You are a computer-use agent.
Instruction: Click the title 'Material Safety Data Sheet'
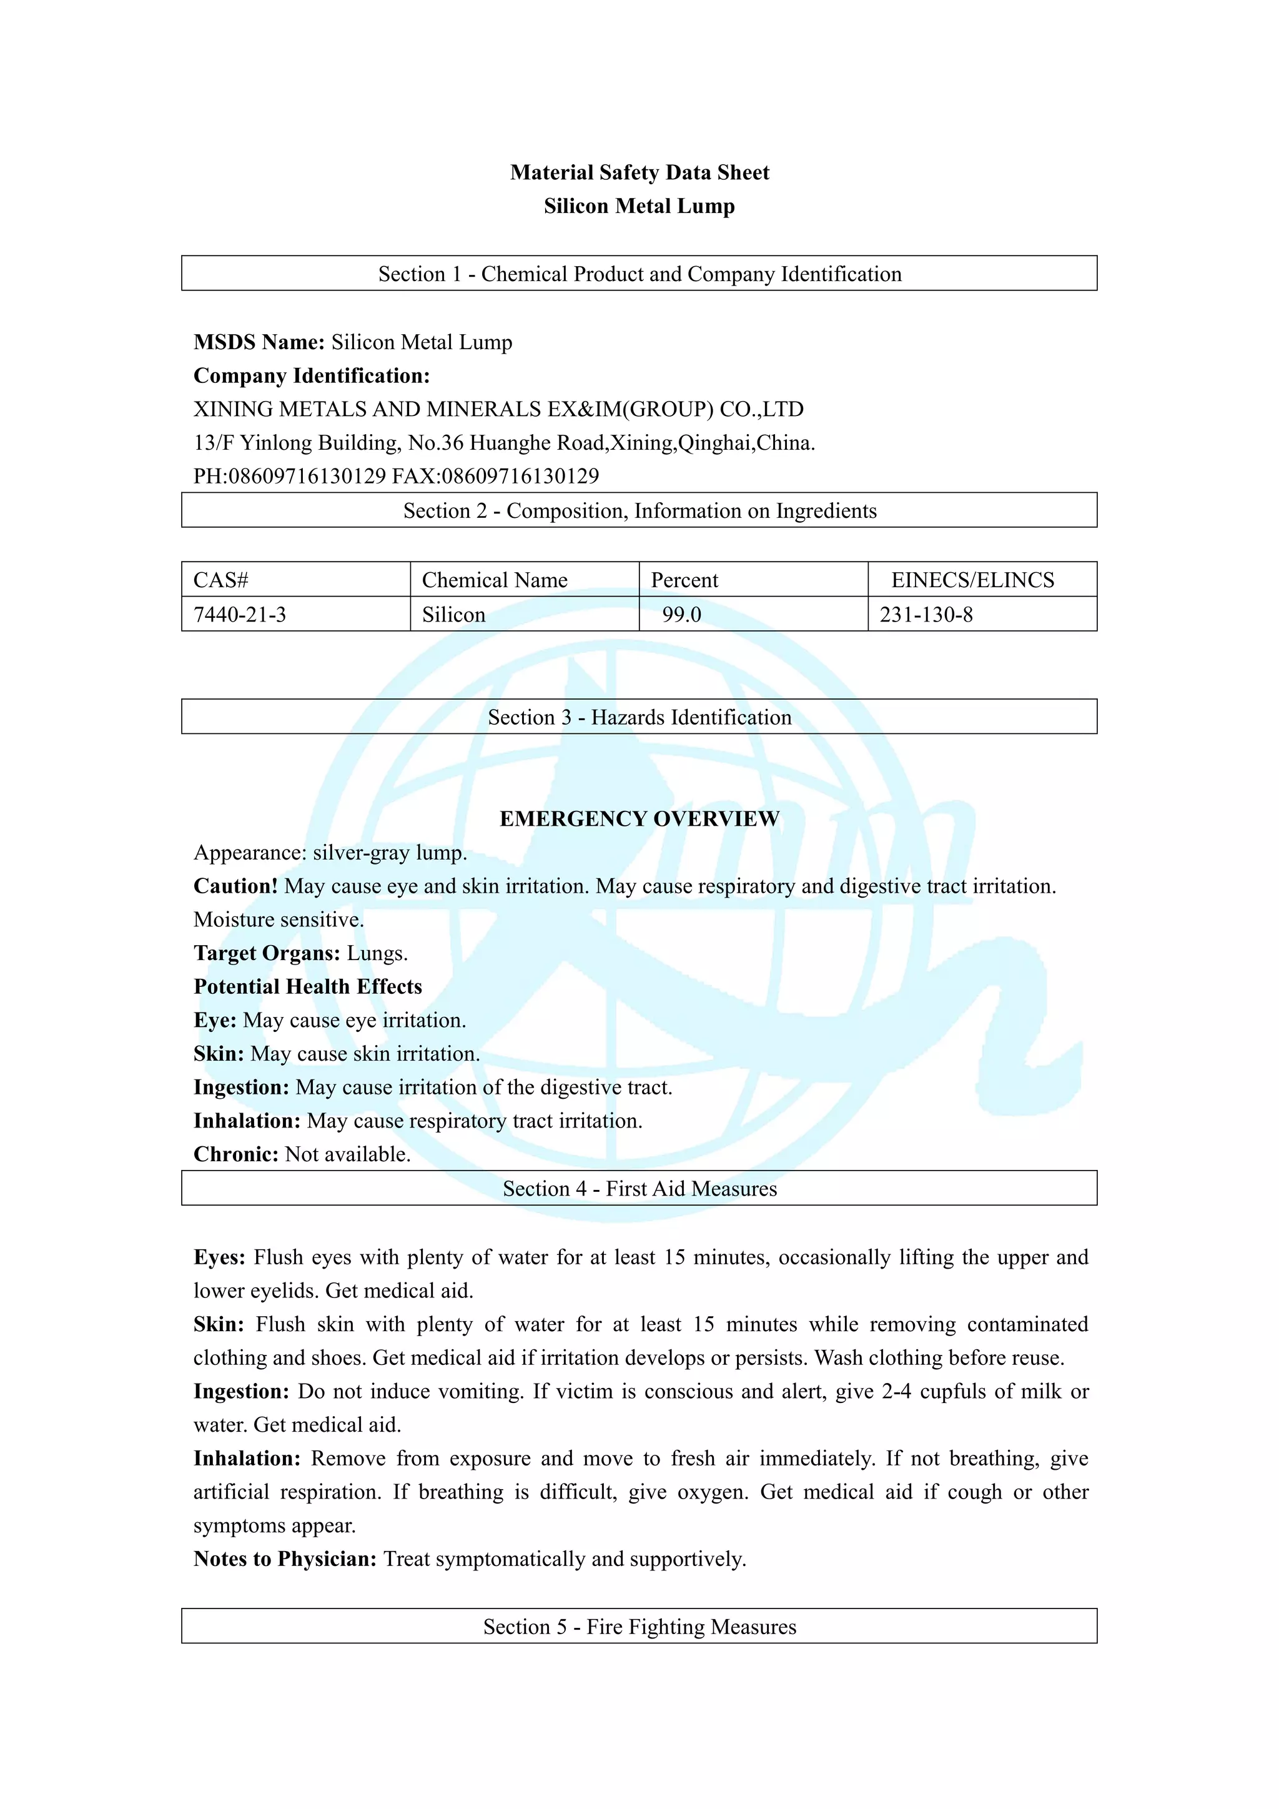639,172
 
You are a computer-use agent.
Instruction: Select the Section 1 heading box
639,274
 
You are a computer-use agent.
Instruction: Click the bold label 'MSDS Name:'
259,342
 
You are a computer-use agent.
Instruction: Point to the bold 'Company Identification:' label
312,376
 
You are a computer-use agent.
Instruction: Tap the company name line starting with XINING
498,410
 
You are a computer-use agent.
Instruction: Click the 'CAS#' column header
221,580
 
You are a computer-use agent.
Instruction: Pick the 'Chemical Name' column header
495,580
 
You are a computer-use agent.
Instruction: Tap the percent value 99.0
681,615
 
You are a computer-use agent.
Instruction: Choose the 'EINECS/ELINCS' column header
972,580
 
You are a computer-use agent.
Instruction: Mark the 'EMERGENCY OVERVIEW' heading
639,820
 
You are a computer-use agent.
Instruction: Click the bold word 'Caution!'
235,886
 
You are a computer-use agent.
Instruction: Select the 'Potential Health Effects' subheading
308,987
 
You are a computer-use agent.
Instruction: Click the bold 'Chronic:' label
236,1154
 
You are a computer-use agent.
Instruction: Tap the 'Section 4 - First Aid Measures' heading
639,1188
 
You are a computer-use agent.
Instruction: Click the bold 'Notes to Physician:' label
285,1559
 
